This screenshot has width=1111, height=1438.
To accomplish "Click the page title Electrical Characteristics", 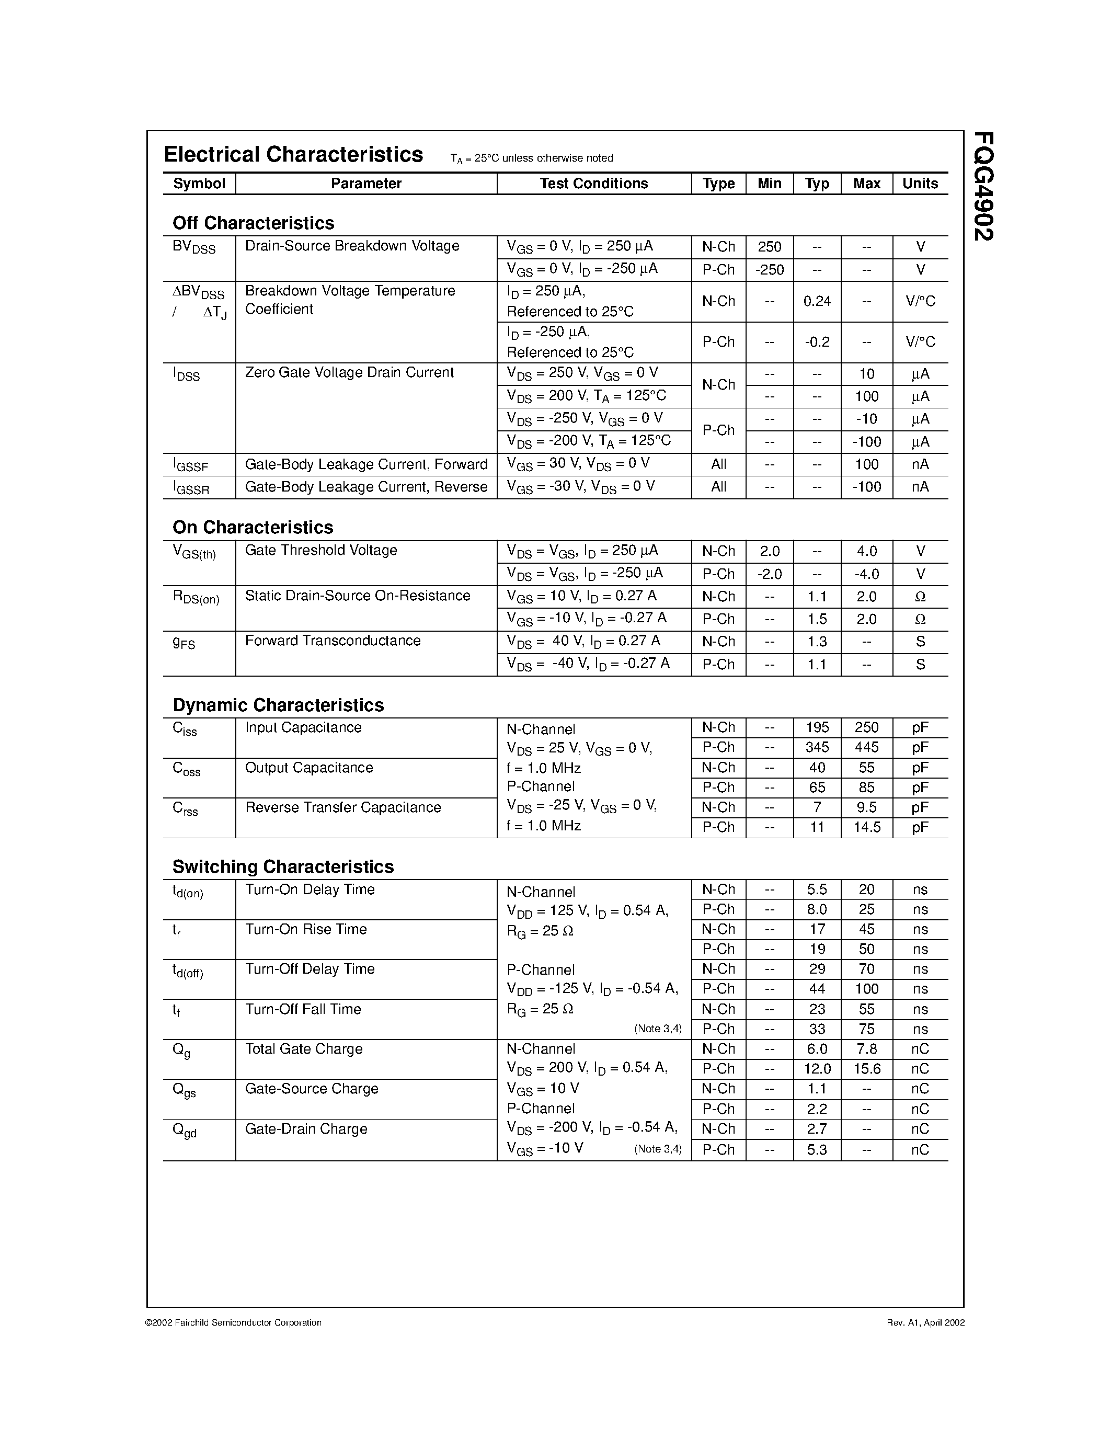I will [x=293, y=155].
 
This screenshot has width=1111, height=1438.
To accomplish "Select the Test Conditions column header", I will [x=594, y=184].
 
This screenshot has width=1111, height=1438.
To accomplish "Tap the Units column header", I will [x=920, y=184].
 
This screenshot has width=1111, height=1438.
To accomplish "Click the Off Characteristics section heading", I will [x=254, y=223].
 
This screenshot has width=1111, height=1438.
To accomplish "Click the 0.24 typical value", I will [x=817, y=302].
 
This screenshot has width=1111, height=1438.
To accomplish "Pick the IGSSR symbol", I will [x=191, y=488].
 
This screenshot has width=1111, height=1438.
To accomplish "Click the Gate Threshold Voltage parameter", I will [x=320, y=551].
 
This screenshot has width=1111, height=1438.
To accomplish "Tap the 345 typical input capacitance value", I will [x=817, y=747].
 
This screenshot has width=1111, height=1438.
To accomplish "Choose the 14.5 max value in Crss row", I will [x=866, y=828].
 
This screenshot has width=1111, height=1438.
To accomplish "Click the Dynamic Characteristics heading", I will [x=278, y=705].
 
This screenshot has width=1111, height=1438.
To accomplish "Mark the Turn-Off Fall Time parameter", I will [x=303, y=1009].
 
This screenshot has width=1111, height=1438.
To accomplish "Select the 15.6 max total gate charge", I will [x=866, y=1069].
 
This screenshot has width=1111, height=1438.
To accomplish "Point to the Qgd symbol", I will [x=184, y=1131].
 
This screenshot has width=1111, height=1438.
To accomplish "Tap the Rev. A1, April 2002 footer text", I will [x=925, y=1322].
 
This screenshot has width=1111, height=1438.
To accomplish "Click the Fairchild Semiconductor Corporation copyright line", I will [x=233, y=1322].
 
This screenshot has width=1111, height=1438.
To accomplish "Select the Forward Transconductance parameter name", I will [x=333, y=641].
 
